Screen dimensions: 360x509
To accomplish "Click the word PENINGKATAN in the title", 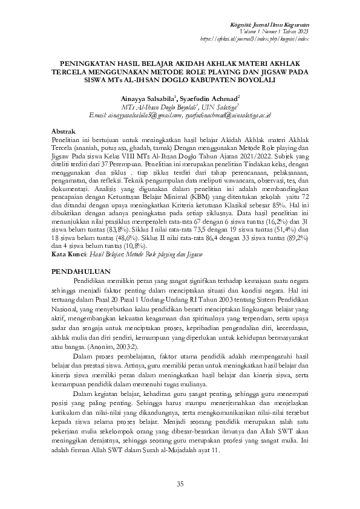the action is click(85, 62).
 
